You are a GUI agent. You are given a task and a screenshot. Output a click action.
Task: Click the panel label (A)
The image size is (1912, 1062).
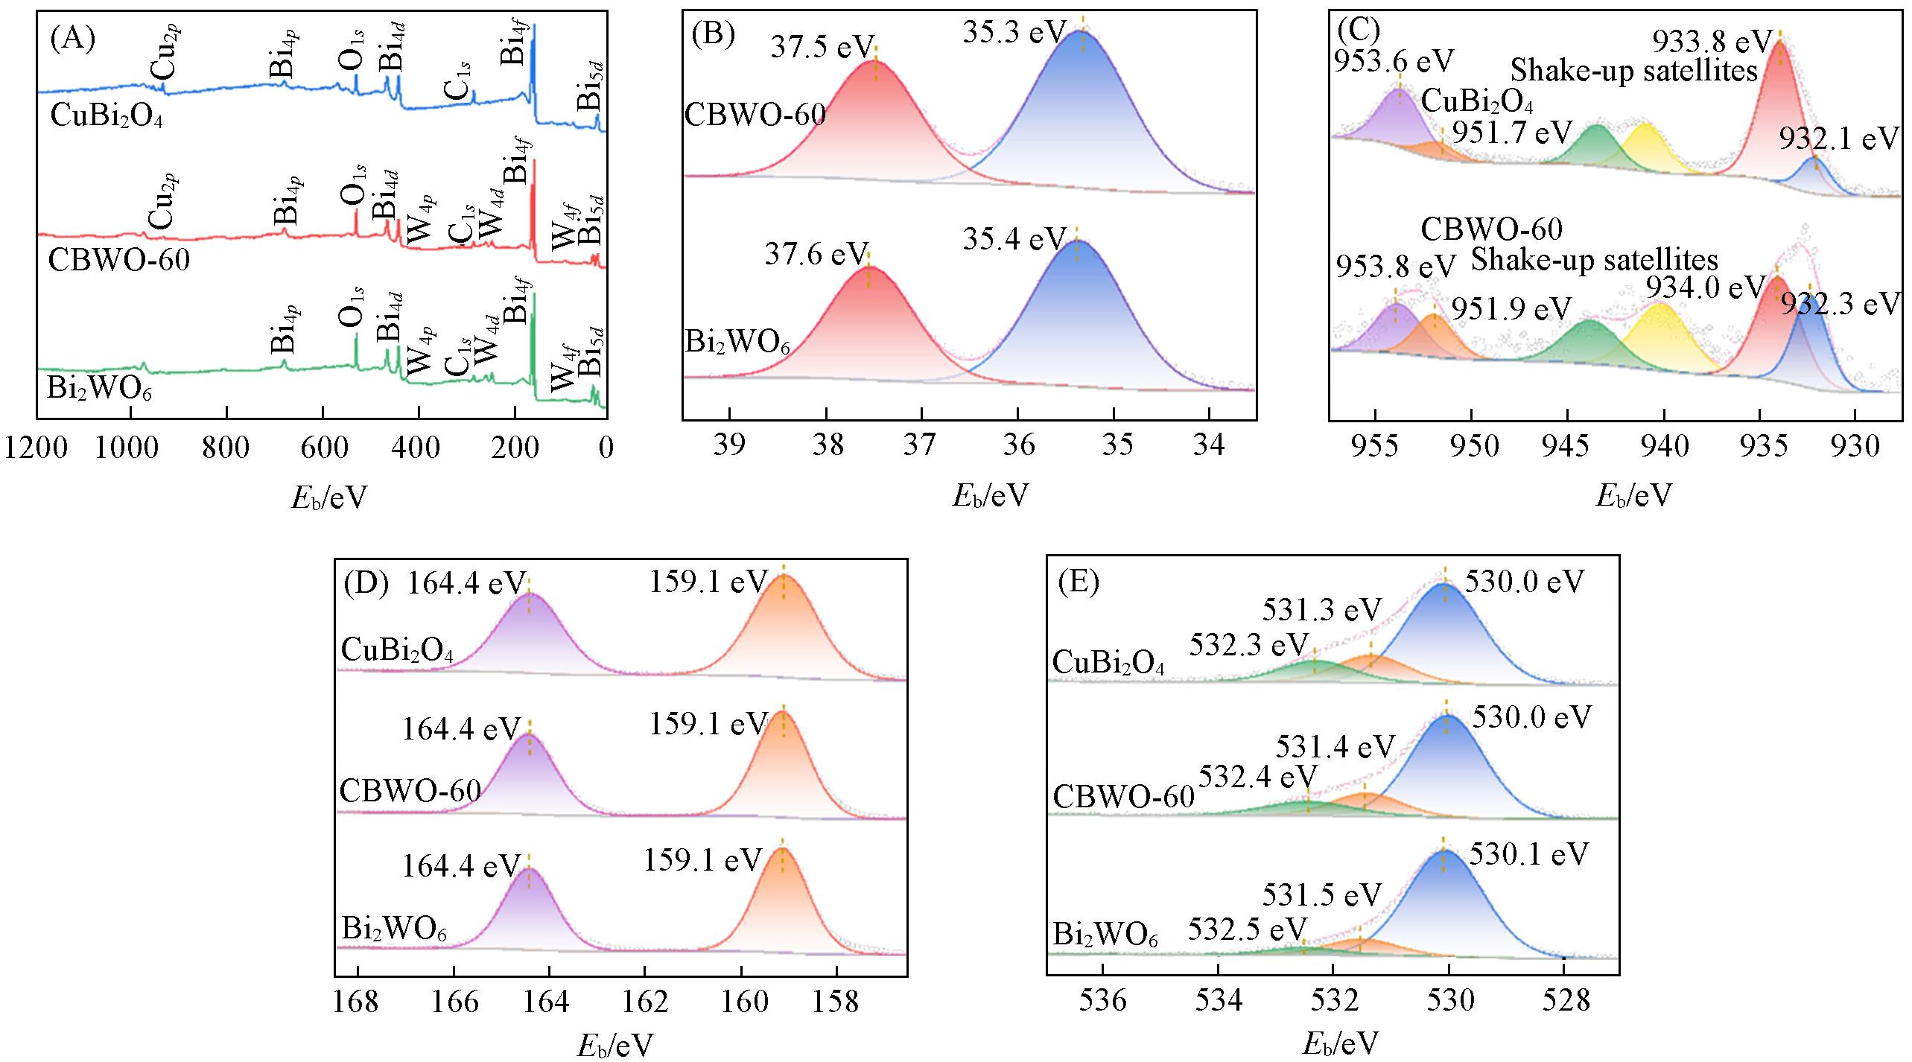[x=72, y=39]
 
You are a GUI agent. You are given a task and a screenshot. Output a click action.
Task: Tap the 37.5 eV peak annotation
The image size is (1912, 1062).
[x=821, y=48]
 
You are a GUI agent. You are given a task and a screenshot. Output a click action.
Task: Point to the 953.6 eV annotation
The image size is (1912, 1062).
[x=1394, y=61]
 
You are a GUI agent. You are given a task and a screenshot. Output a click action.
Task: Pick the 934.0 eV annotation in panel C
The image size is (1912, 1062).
[x=1704, y=287]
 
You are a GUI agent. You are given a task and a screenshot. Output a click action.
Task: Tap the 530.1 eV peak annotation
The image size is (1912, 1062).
[x=1528, y=854]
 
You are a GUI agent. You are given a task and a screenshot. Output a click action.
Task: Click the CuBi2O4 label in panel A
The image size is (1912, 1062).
[x=106, y=117]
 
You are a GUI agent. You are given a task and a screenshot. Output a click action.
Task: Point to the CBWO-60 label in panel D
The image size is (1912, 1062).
[x=410, y=791]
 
